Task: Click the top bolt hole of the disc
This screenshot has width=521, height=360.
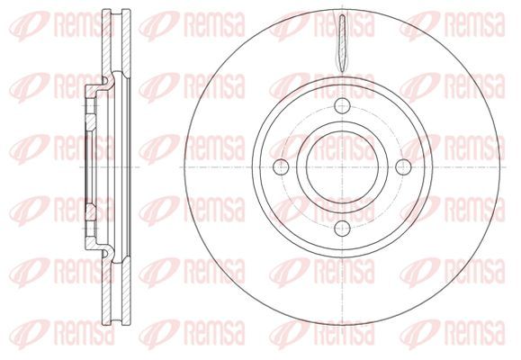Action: pyautogui.click(x=342, y=105)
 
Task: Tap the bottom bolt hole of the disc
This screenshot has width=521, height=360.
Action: pyautogui.click(x=342, y=228)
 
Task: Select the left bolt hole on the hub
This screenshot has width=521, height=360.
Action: pyautogui.click(x=281, y=166)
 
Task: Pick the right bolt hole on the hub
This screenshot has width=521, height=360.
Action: pyautogui.click(x=403, y=166)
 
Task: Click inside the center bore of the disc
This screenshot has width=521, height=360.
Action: pyautogui.click(x=342, y=166)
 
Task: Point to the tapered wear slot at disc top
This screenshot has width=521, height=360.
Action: pyautogui.click(x=342, y=43)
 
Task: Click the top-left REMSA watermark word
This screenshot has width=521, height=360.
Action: pyautogui.click(x=84, y=24)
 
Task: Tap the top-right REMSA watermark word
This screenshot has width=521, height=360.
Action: pyautogui.click(x=474, y=24)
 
